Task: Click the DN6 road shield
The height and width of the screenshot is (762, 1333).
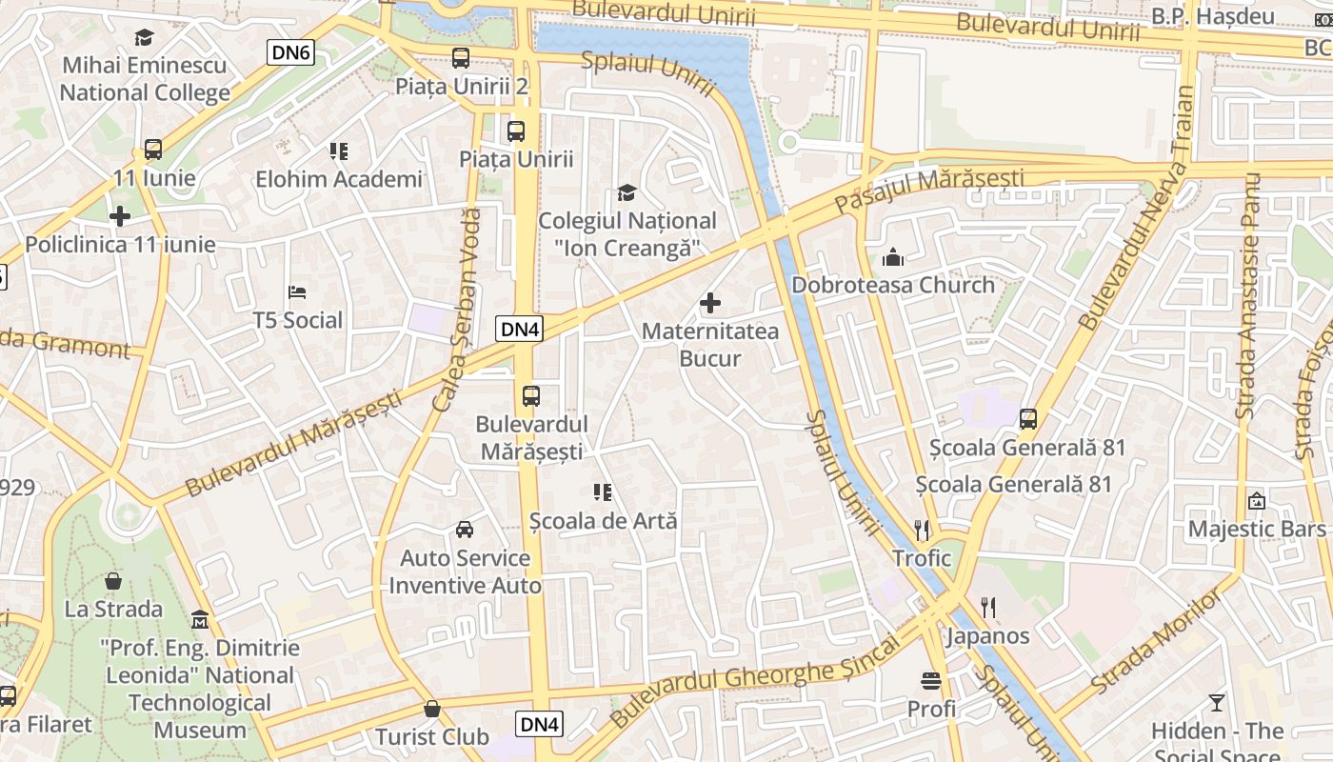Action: [x=290, y=52]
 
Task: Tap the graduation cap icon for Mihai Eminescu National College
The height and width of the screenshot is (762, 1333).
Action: [x=144, y=37]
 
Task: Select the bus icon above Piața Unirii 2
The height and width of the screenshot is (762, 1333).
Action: [x=461, y=58]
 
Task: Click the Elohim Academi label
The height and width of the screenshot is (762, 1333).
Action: [x=338, y=179]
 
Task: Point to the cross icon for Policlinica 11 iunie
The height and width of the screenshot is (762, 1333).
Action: [x=120, y=216]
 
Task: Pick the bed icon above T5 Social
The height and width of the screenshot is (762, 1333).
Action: [x=297, y=291]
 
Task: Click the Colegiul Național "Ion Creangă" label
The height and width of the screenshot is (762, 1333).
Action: [x=627, y=234]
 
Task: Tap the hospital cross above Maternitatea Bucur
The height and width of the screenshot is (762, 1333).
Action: [x=710, y=304]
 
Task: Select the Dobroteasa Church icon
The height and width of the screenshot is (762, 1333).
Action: [x=893, y=257]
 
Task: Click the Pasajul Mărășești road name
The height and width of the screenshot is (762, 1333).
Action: [x=929, y=190]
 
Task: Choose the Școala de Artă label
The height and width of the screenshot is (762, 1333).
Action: [x=603, y=521]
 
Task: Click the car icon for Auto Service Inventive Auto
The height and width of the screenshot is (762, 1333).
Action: [x=465, y=530]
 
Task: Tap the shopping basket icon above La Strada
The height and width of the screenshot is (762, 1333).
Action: [x=113, y=581]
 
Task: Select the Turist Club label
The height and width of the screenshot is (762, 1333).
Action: [x=431, y=736]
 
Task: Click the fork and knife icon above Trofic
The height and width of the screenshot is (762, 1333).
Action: [x=921, y=530]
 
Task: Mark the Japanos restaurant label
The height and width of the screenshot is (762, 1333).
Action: [x=987, y=636]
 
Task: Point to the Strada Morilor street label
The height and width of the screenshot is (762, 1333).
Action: [x=1155, y=640]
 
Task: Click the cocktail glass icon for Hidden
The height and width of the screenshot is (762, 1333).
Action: [x=1217, y=703]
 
